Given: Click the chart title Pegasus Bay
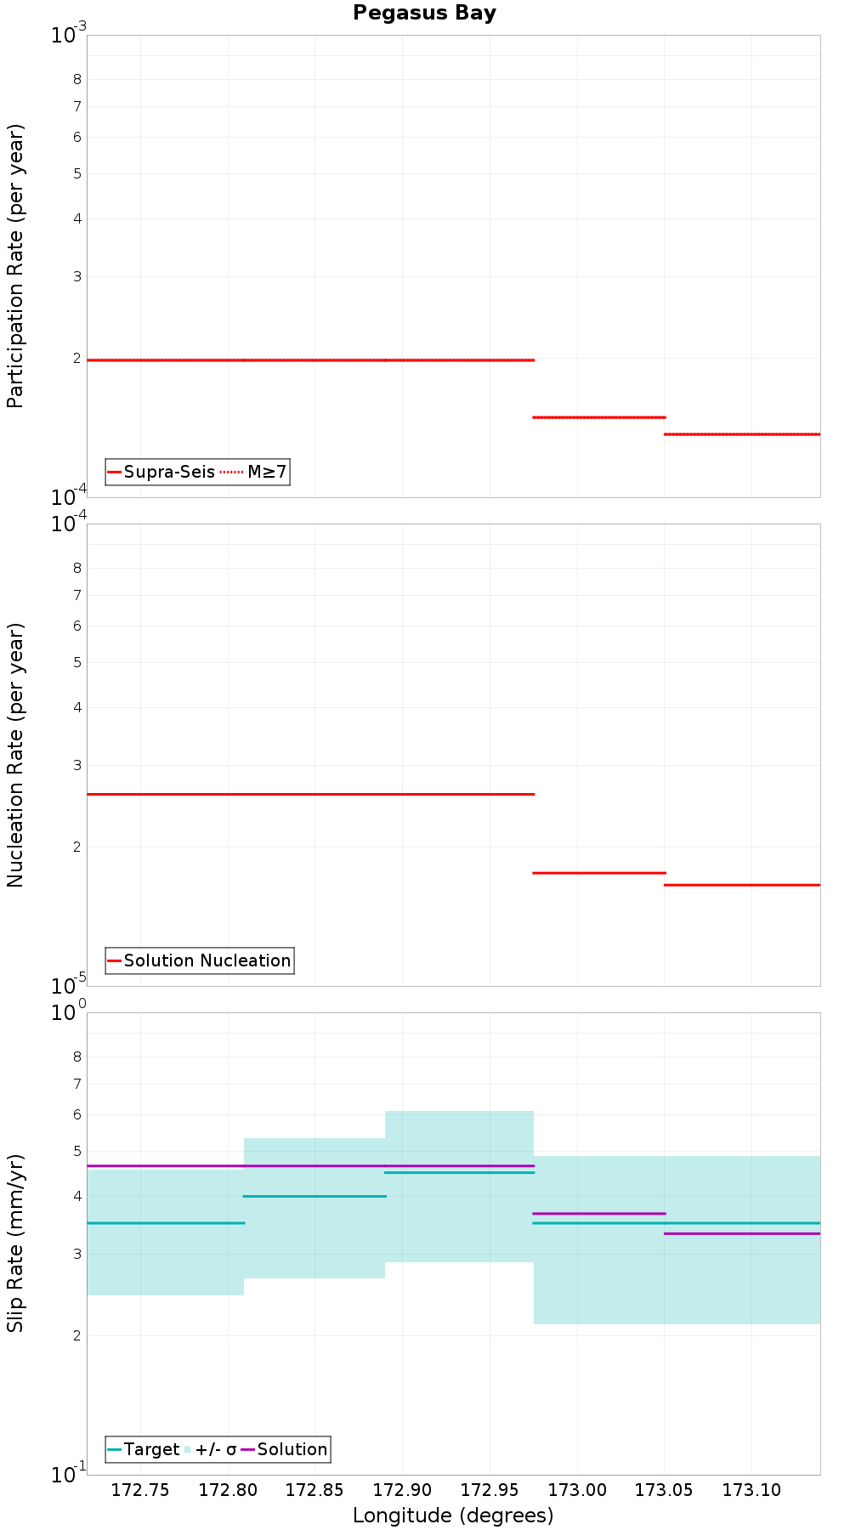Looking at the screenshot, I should tap(424, 13).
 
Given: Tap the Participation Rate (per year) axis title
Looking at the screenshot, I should tap(16, 266).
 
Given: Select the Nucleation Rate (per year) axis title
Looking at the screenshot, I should tap(16, 755).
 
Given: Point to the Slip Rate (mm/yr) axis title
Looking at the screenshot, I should tap(16, 1243).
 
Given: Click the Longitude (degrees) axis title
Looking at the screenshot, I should tap(453, 1515).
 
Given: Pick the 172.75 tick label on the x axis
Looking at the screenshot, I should tap(140, 1489).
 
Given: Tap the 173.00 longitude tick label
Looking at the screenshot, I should tap(577, 1489).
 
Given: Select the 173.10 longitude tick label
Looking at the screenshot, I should tap(751, 1489).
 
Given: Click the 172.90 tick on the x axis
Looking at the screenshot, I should tap(402, 1489).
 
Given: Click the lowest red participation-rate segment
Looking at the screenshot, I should tap(742, 434).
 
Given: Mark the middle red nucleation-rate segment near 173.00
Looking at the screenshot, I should tap(598, 873).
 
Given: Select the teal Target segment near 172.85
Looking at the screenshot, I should tap(314, 1196).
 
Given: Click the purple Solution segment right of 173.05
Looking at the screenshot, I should tap(742, 1233).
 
